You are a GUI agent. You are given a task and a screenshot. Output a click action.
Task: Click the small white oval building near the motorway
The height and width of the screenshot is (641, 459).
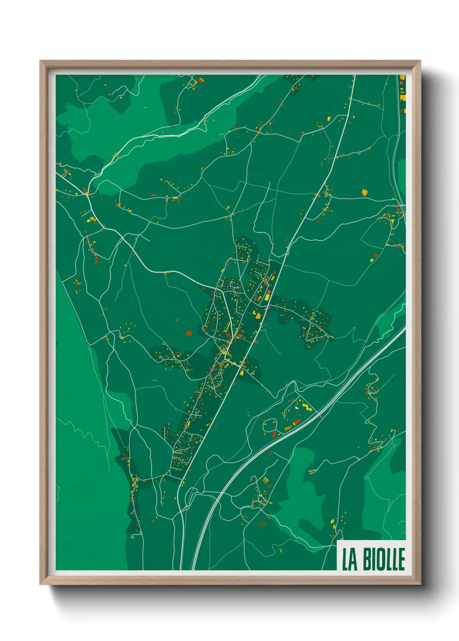(x=297, y=408)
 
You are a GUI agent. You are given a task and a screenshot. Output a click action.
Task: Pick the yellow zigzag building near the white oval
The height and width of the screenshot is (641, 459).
(x=307, y=407)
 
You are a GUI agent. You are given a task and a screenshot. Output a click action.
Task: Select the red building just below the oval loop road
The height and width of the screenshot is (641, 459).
(x=274, y=434)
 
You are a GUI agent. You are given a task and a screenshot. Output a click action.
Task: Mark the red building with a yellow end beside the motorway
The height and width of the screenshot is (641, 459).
(x=295, y=422)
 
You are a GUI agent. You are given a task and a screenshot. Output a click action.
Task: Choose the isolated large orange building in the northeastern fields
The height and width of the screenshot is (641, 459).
(x=365, y=191)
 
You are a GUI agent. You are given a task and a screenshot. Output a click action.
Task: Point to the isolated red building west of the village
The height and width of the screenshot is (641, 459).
(x=188, y=333)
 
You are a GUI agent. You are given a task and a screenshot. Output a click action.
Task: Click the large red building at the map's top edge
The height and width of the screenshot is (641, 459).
(x=201, y=80)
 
